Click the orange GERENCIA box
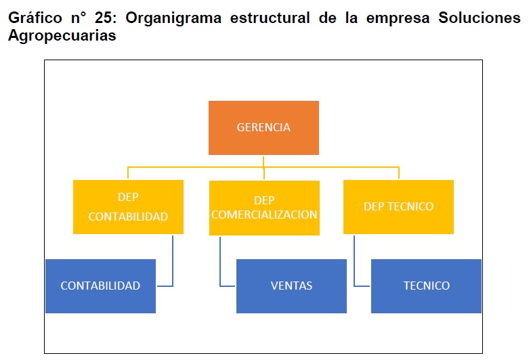(x=263, y=127)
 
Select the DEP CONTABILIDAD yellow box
(x=129, y=207)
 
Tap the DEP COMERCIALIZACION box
(x=264, y=208)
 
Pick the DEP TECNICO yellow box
(x=398, y=207)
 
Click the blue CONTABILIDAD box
(x=100, y=286)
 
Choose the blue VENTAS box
(x=291, y=286)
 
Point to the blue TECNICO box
(x=427, y=286)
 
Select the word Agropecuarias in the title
(x=62, y=36)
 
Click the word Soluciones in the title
(x=480, y=18)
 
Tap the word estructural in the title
(x=270, y=18)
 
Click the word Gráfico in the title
(x=35, y=18)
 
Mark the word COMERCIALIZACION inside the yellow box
(x=264, y=215)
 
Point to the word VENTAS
(x=291, y=286)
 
